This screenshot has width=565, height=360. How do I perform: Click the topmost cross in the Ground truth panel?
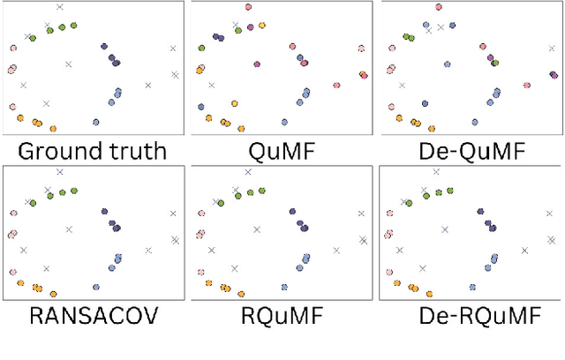[59, 7]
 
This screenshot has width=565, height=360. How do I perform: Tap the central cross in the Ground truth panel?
[69, 64]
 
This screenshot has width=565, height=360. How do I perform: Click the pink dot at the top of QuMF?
[248, 7]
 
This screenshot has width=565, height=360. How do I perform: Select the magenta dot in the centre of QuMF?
[257, 64]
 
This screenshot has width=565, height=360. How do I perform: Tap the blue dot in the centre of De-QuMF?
[446, 64]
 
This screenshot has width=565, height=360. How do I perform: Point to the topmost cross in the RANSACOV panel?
[59, 171]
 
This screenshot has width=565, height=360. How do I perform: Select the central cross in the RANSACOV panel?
[69, 228]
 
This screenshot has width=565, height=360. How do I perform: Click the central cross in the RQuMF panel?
[257, 228]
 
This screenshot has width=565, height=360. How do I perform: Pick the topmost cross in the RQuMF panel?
[248, 171]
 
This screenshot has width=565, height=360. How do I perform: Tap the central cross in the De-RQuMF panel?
[446, 228]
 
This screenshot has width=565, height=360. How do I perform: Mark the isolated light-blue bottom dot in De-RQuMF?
[473, 287]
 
